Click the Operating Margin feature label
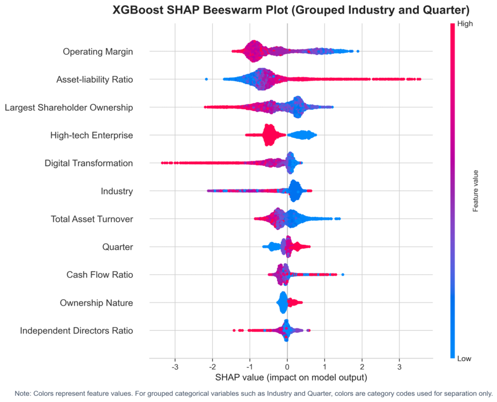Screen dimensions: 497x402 click(x=98, y=52)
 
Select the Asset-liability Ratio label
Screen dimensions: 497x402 click(x=95, y=79)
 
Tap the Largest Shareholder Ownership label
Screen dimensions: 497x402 click(x=69, y=108)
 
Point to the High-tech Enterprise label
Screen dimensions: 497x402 click(x=91, y=136)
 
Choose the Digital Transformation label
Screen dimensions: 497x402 click(x=89, y=163)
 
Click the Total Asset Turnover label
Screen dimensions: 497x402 click(x=92, y=219)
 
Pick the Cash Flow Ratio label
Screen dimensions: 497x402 click(x=100, y=275)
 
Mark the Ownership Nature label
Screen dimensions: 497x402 click(x=97, y=303)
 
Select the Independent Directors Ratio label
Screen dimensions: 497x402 click(x=76, y=330)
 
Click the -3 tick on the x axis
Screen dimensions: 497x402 click(x=175, y=367)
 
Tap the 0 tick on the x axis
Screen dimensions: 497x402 click(x=287, y=367)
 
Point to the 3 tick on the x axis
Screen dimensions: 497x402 click(x=399, y=367)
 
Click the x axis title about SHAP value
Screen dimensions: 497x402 click(x=291, y=377)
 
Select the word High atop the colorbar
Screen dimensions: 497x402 click(x=464, y=24)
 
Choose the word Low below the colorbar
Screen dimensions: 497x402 click(x=464, y=359)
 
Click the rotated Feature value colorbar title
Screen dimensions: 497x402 click(x=475, y=191)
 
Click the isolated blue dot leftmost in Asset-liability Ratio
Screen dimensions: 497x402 click(x=206, y=79)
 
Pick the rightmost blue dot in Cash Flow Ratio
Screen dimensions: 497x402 click(x=343, y=275)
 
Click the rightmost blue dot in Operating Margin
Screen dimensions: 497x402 click(x=358, y=51)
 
